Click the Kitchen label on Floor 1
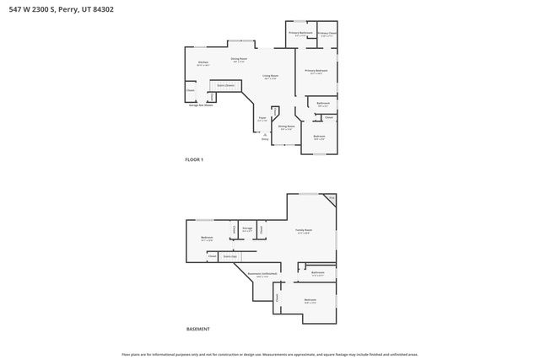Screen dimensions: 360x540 [x=203, y=63]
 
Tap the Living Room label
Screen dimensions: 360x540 [x=270, y=77]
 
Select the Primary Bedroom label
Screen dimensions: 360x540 [x=316, y=72]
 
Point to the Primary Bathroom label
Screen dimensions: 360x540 [x=300, y=34]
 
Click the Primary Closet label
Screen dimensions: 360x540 [x=327, y=35]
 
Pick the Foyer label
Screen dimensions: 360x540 [x=262, y=119]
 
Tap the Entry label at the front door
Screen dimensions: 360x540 [x=265, y=138]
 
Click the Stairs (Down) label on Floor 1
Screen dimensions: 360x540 [x=225, y=85]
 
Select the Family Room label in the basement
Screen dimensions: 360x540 [x=303, y=231]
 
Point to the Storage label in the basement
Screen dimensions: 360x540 [x=247, y=228]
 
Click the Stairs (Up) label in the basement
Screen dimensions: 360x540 [x=229, y=255]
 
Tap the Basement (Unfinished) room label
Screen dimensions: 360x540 [x=262, y=275]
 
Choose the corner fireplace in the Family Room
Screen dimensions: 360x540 [x=331, y=198]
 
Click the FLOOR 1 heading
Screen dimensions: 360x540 [x=194, y=159]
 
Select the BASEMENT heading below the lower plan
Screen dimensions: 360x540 [x=197, y=329]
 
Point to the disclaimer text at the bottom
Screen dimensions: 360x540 [x=270, y=354]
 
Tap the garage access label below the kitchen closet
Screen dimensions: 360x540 [x=201, y=105]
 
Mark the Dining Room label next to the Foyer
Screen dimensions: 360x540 [x=286, y=127]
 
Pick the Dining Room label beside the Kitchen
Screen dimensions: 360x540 [x=239, y=60]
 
